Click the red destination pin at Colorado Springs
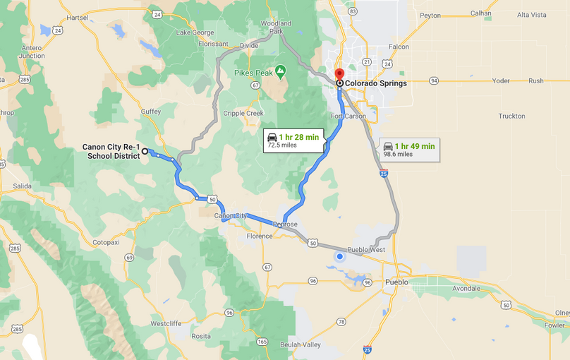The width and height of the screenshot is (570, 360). point(339,75)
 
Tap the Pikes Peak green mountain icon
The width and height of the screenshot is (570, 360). point(280,71)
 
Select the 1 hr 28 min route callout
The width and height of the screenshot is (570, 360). point(293,140)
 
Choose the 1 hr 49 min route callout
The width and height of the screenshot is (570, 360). point(409,150)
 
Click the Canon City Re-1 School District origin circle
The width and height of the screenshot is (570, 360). point(145,151)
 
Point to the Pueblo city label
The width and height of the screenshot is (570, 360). point(396,282)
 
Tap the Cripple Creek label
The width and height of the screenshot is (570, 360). point(243,113)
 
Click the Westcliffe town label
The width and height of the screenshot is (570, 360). point(166,323)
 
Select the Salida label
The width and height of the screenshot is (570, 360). point(22,186)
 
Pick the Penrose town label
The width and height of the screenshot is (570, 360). point(285,224)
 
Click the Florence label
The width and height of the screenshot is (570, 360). point(259,236)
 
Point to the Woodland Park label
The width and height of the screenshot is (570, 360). point(276,27)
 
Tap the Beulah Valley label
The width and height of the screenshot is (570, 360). point(300,344)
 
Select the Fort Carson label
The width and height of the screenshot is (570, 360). point(348,116)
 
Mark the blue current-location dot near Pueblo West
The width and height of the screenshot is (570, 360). point(340,257)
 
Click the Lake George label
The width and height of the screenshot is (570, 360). point(195,32)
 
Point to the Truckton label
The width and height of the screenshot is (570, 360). point(511,116)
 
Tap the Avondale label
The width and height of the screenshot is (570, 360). point(466,288)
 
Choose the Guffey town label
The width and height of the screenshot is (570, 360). point(150,112)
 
